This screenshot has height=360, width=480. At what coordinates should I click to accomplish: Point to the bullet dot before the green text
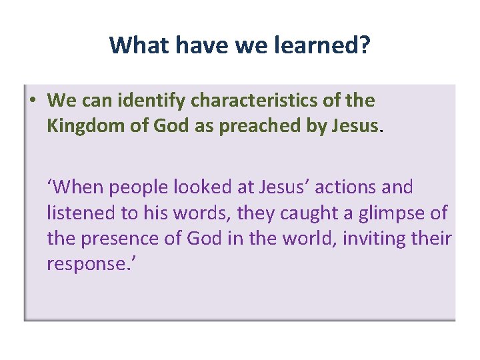[x=32, y=101]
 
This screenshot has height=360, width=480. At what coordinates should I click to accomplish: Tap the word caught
[x=307, y=213]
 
